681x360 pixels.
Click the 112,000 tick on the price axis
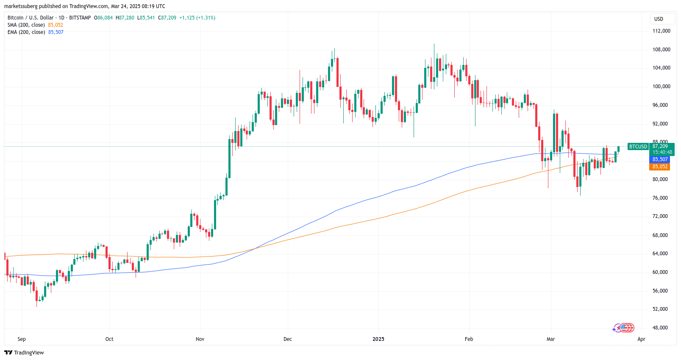click(x=661, y=31)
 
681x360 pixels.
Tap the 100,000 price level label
click(x=661, y=87)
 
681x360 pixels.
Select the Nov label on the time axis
click(x=200, y=339)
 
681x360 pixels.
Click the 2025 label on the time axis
click(x=378, y=339)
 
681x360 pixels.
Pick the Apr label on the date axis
click(x=641, y=339)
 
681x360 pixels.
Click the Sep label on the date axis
click(x=22, y=339)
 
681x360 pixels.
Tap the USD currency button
click(x=659, y=19)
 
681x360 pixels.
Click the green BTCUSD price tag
click(x=638, y=147)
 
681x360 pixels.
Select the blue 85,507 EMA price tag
click(x=660, y=159)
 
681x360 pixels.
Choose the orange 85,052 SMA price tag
click(x=660, y=167)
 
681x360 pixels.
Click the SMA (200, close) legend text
click(x=26, y=25)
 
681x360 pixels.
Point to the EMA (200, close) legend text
click(x=26, y=32)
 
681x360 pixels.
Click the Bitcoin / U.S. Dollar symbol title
click(x=31, y=18)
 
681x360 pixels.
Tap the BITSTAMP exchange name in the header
click(x=80, y=18)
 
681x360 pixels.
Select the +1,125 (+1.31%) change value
click(x=197, y=18)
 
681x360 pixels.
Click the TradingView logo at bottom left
click(x=24, y=353)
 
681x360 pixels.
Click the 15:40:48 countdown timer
click(x=662, y=152)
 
